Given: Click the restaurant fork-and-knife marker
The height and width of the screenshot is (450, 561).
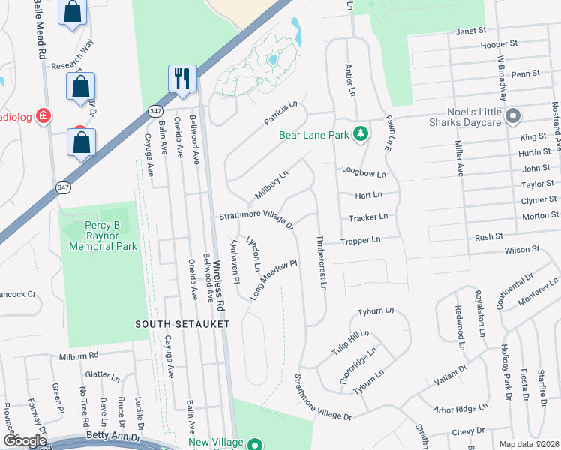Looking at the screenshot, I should coord(182,78).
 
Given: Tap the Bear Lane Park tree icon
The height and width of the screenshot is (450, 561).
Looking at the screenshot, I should coord(361,134).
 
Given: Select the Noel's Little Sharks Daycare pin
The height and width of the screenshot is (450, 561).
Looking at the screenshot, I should coord(513,117).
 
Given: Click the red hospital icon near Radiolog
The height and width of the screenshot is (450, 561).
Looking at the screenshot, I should coord(43,115).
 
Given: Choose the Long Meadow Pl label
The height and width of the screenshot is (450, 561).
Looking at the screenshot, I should coord(274,278).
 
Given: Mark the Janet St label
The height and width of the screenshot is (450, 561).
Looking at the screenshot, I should coord(471,31).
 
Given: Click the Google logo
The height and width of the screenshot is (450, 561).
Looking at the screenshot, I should coord(25,441).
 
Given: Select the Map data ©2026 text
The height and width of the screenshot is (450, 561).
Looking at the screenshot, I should coord(528,444).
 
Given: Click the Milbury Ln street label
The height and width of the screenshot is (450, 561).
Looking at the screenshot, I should coord(271,184).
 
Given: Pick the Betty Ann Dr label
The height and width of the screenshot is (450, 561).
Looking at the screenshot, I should coord(114,436).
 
